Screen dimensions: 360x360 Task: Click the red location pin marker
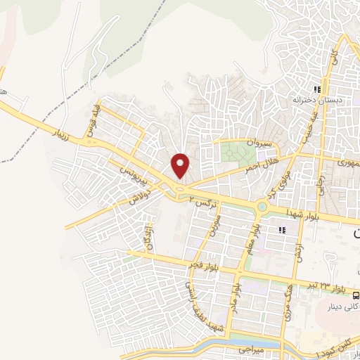pos(181,165)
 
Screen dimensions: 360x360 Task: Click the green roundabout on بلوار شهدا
pos(262,207)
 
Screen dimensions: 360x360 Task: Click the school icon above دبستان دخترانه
pos(317,90)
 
